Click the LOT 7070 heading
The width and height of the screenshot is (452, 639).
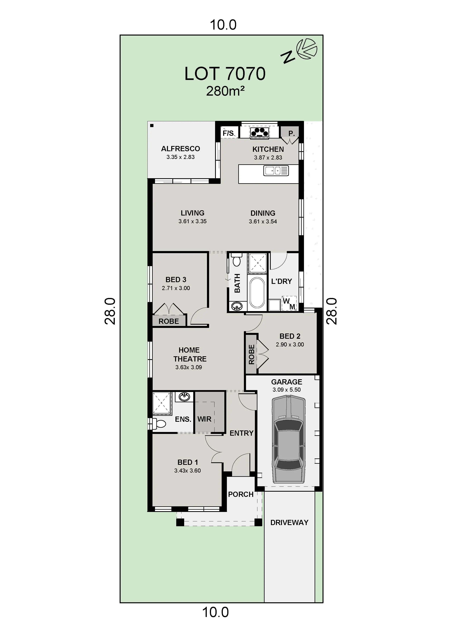(225, 74)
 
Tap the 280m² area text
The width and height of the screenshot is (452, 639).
(225, 91)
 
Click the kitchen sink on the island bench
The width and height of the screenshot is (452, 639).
(276, 170)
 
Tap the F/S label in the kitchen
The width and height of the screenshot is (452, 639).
(228, 133)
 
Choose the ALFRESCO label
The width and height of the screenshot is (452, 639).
(180, 149)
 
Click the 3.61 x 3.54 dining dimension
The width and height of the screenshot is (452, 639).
(263, 221)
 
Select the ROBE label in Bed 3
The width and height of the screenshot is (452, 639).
(169, 322)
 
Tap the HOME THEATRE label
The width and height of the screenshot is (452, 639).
(190, 355)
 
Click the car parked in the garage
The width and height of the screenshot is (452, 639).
(289, 440)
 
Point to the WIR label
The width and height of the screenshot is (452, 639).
(204, 419)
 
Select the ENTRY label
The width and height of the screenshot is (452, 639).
(241, 433)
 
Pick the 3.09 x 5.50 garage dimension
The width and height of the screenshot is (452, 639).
(287, 390)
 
